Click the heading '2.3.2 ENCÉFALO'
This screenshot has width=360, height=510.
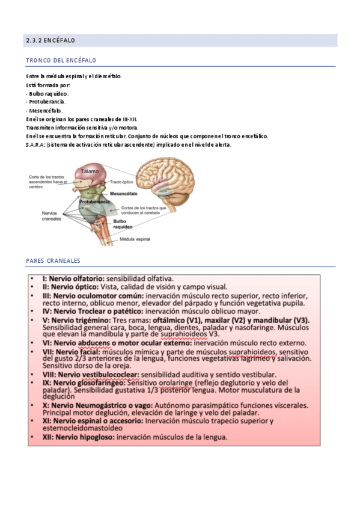coord(50,41)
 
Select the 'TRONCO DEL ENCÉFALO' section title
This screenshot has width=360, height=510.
coord(61,61)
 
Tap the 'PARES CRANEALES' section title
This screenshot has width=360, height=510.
coord(53,261)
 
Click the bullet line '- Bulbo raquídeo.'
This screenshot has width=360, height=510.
coord(47,94)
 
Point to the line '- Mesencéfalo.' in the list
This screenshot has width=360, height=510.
coord(44,111)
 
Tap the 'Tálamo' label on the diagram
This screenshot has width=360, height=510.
coord(90,171)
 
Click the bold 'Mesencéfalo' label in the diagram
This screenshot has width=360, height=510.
coord(124,194)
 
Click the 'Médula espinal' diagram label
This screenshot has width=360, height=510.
coord(136,239)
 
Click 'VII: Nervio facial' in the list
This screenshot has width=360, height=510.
coord(71,351)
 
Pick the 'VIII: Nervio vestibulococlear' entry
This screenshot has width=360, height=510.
coord(91,374)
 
